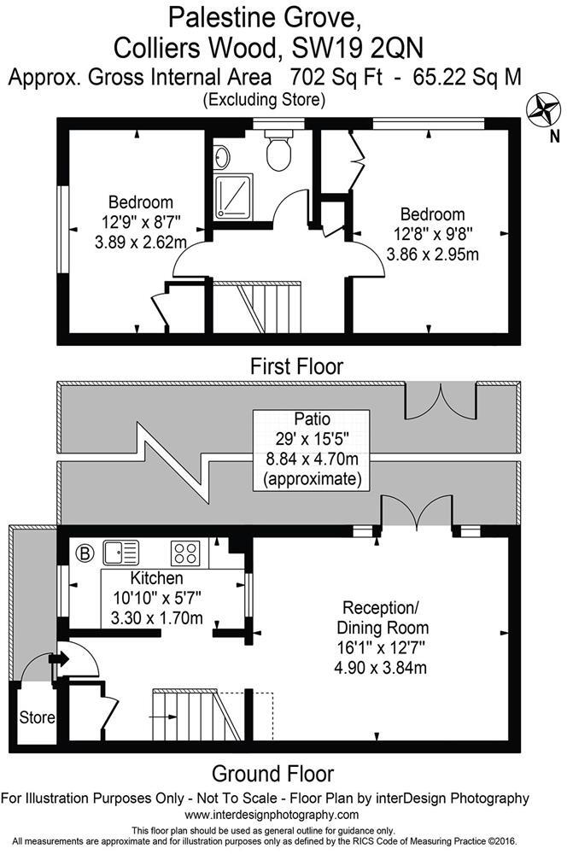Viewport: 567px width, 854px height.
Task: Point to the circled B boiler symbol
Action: [84, 550]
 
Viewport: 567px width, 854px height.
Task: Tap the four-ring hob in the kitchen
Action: [187, 552]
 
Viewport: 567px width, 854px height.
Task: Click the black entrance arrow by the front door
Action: [62, 658]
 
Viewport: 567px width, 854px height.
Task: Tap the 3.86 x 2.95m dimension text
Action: [432, 254]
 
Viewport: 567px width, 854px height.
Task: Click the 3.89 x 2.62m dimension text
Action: [141, 242]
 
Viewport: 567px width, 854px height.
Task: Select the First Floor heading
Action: [296, 367]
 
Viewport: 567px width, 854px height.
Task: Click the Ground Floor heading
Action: [272, 774]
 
